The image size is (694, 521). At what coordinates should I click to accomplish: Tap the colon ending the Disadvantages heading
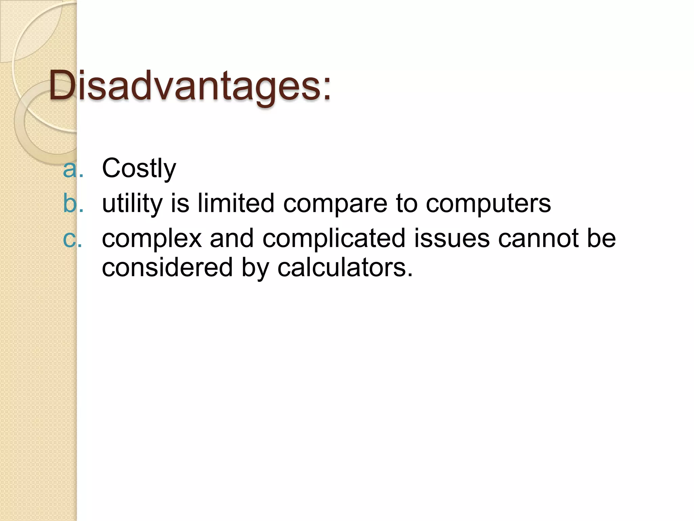point(326,90)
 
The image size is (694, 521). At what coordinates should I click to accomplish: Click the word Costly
point(139,168)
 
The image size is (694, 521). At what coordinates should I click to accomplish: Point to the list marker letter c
point(70,239)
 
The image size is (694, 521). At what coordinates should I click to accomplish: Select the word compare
point(335,205)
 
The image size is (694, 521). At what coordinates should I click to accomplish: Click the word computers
point(488,205)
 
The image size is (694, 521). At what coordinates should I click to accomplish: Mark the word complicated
point(334,238)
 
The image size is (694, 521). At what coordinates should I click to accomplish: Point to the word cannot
point(538,238)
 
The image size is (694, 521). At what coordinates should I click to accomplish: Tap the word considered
point(167,267)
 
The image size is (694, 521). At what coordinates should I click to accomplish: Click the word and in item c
point(232,238)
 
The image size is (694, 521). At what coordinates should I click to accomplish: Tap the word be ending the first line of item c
point(601,238)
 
